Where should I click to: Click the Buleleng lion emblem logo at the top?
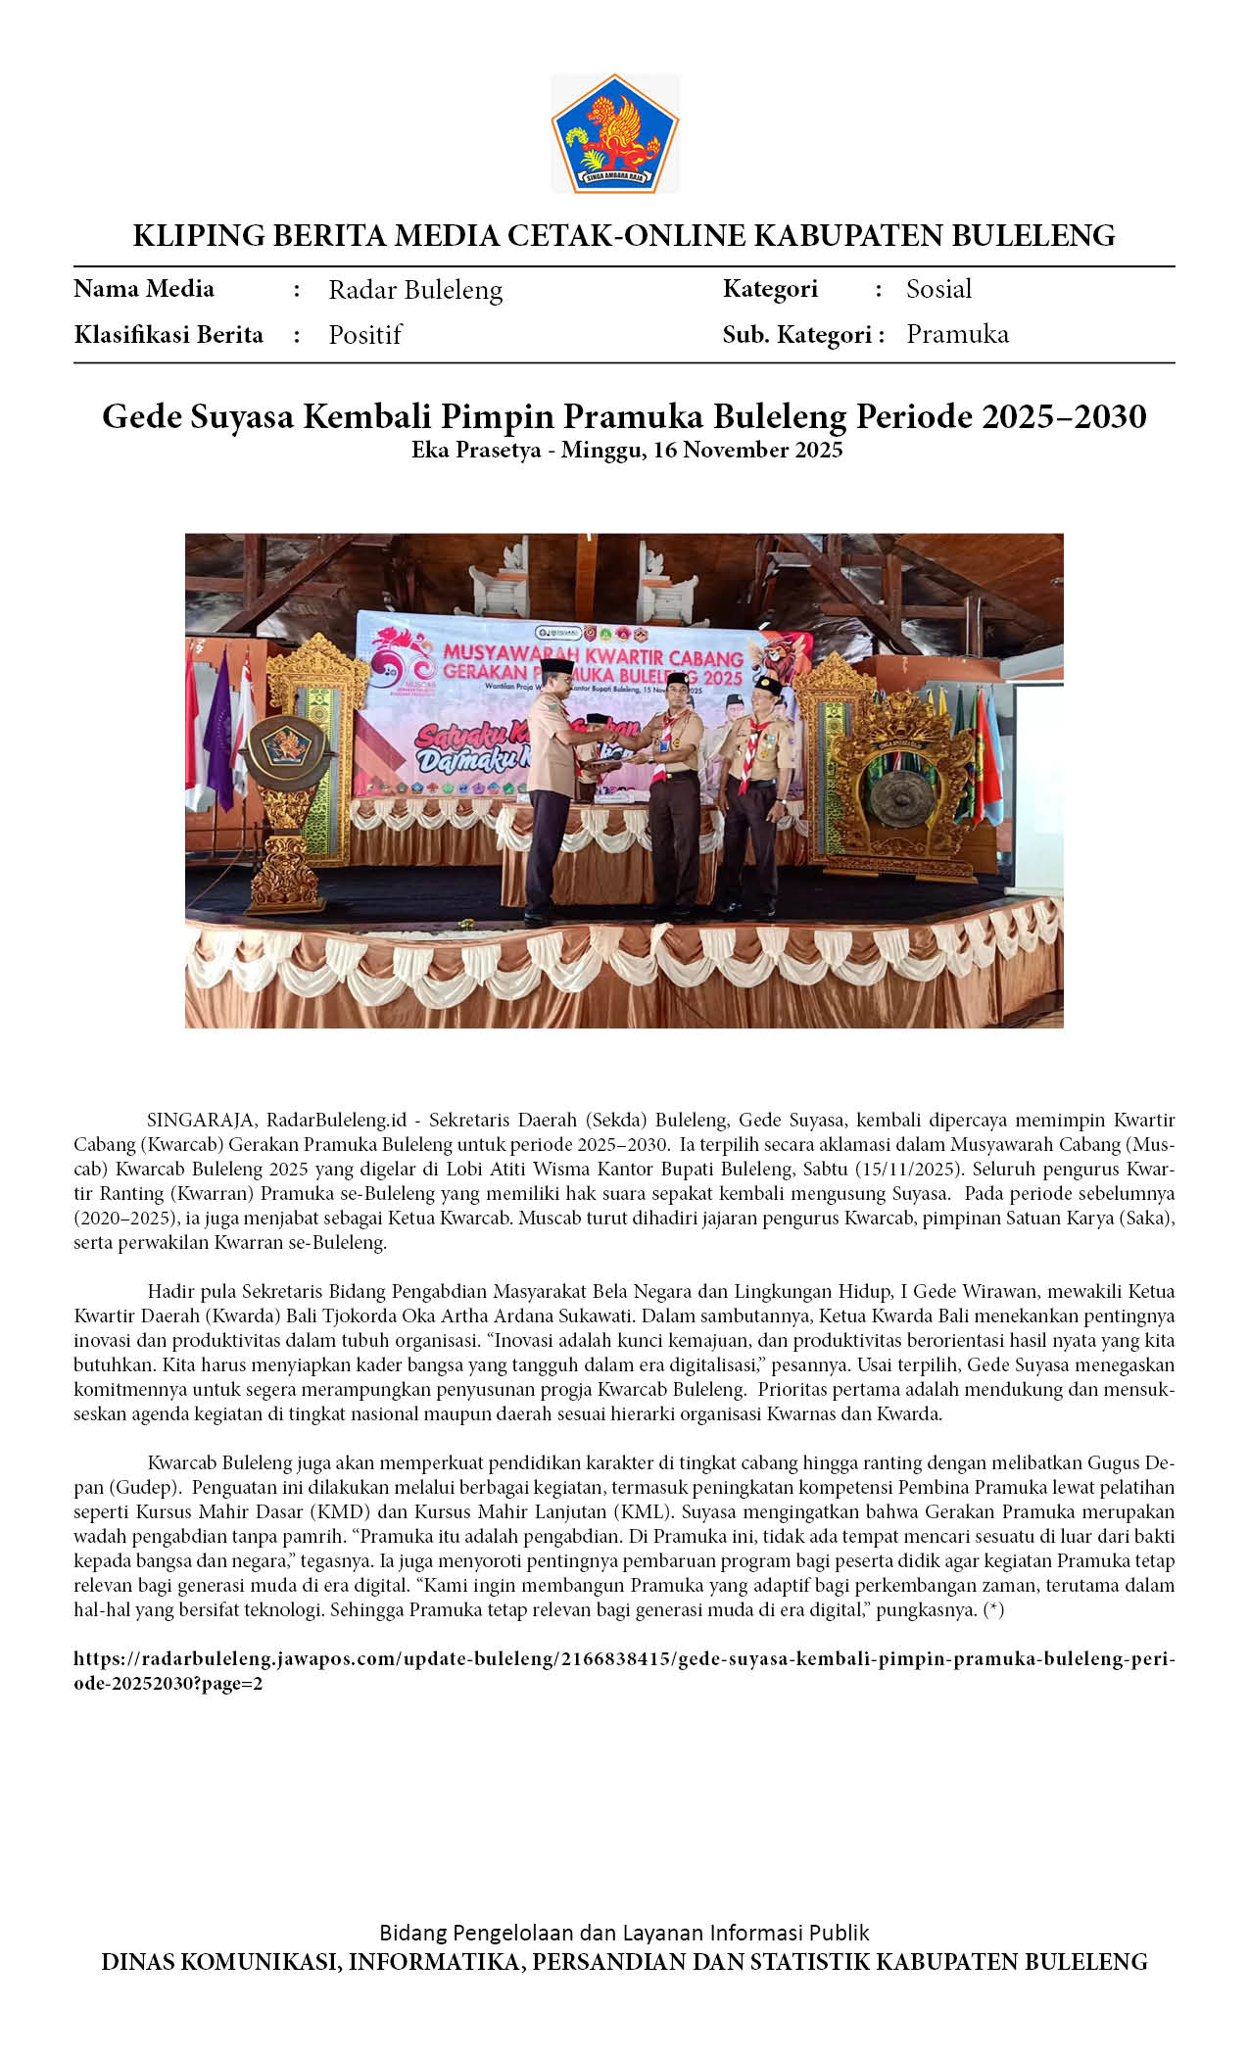(x=614, y=133)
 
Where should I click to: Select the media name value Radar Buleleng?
(x=415, y=290)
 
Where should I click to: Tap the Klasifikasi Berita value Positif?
(x=364, y=335)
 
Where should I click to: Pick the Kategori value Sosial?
(x=938, y=289)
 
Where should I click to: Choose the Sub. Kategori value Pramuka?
(x=957, y=334)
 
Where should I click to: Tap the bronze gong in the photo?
(x=892, y=789)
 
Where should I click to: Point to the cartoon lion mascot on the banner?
(x=781, y=657)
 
